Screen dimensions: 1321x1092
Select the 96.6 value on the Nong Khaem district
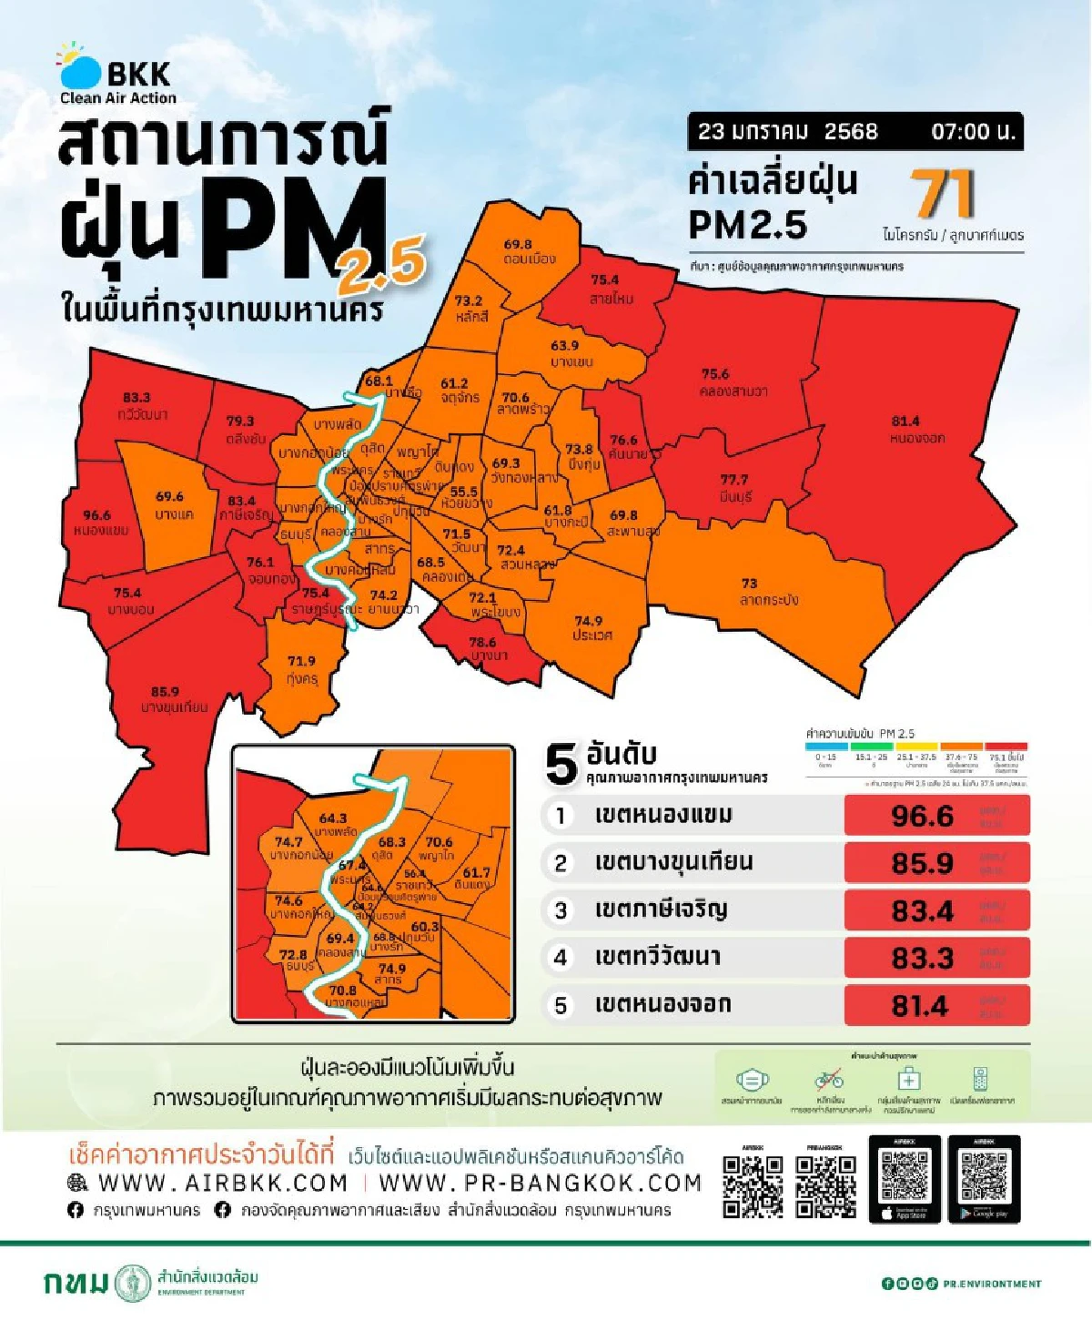(96, 515)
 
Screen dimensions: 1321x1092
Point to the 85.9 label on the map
(165, 692)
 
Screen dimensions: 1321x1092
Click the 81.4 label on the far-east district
(905, 421)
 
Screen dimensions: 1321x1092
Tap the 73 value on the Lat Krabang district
(749, 583)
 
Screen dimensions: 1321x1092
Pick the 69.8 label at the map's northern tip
(518, 244)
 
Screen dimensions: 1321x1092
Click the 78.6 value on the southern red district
(482, 642)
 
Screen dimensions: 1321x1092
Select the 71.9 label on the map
(301, 661)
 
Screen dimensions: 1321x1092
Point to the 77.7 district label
(734, 480)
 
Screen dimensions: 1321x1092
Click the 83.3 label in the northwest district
(136, 398)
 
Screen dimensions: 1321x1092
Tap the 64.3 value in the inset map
(333, 818)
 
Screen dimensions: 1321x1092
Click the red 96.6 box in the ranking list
(936, 816)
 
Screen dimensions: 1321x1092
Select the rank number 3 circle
(561, 910)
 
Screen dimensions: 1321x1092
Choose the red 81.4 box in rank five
(936, 1006)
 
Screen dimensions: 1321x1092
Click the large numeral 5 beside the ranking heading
(561, 764)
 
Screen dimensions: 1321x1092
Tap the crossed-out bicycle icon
(828, 1080)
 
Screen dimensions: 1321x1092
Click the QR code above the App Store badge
(905, 1175)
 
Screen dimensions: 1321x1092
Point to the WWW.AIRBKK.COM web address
(222, 1183)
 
